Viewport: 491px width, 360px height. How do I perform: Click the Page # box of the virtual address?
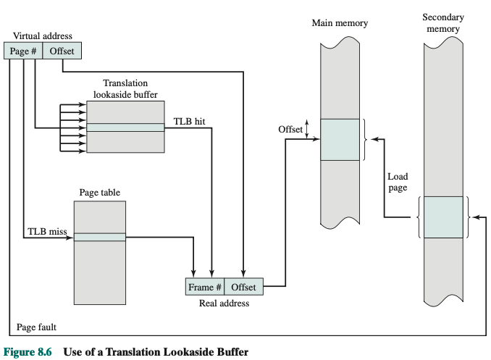point(24,51)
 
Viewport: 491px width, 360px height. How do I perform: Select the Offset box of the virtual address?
point(62,51)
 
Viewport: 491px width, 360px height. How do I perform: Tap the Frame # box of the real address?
point(205,287)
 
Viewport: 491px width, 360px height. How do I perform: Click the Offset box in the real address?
point(244,287)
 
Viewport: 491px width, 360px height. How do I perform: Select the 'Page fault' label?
point(36,327)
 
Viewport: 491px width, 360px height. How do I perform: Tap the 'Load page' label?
point(398,182)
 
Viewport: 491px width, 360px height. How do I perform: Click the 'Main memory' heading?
point(340,23)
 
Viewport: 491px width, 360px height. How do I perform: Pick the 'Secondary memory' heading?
point(442,22)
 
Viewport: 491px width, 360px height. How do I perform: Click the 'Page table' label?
point(99,193)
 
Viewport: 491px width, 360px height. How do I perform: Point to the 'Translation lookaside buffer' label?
point(125,89)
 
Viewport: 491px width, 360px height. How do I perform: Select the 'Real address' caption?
point(224,304)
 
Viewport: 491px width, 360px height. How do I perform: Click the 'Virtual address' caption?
point(43,36)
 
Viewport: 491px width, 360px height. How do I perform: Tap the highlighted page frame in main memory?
point(340,140)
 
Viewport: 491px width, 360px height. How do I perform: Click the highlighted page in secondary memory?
point(442,217)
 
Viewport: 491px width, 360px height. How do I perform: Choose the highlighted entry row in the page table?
point(99,237)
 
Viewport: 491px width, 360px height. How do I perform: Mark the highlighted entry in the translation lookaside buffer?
point(125,127)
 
